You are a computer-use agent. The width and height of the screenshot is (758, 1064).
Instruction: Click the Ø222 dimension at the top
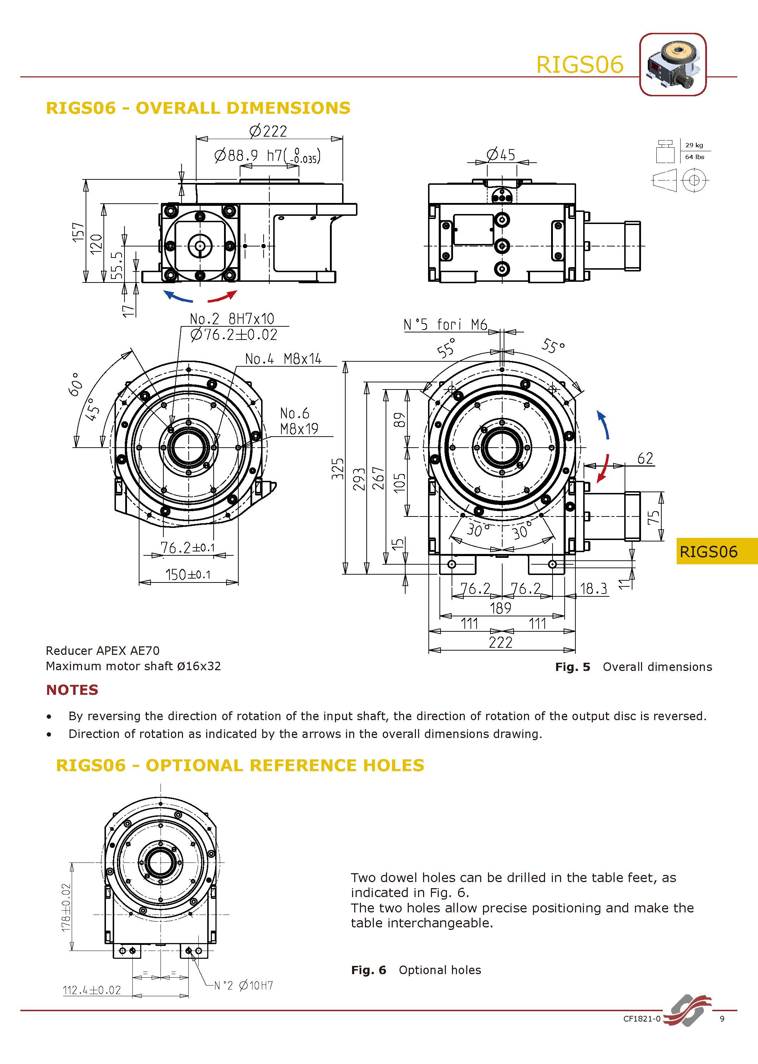pos(268,132)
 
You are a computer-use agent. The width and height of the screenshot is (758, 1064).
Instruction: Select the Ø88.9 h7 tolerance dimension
pos(267,156)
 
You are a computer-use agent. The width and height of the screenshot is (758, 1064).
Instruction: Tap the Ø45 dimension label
pos(500,154)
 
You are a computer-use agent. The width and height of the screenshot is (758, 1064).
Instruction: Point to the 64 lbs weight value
pos(694,157)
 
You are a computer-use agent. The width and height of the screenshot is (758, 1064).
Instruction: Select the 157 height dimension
pos(78,232)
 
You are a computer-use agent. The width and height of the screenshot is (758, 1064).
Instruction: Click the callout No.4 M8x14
pos(283,359)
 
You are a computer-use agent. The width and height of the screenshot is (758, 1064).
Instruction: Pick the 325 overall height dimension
pos(337,469)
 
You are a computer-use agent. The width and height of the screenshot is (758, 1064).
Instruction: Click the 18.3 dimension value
pos(593,589)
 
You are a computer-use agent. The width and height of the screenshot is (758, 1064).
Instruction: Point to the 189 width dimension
pos(500,608)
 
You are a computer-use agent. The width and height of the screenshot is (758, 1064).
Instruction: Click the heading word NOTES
pos(72,690)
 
